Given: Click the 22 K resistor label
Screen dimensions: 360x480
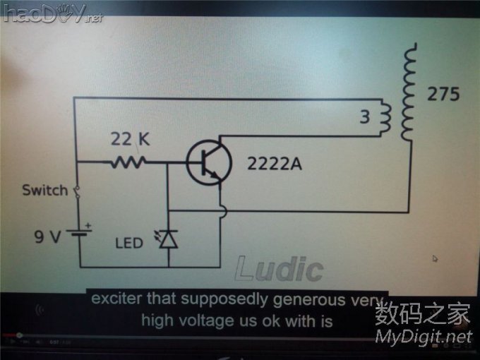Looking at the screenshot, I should pos(130,139).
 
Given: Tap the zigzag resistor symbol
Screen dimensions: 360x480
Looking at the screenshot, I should pos(128,163).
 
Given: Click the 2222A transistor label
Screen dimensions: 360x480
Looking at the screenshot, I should pos(274,164).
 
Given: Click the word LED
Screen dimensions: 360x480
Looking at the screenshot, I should pos(128,244).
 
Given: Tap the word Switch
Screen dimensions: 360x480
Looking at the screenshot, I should pos(45,191).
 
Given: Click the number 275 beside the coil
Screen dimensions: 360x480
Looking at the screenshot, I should pos(443,95).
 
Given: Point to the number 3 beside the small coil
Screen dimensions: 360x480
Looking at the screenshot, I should pos(364,118).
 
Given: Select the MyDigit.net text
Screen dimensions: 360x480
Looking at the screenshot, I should pos(423,336).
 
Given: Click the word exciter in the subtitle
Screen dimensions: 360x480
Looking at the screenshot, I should pos(114,298).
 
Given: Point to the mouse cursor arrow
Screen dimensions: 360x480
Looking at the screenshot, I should pos(435,259).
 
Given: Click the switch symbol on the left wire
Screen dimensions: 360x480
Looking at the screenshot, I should pos(77,191).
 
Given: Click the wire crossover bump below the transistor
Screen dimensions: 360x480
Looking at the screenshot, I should pos(223,211).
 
